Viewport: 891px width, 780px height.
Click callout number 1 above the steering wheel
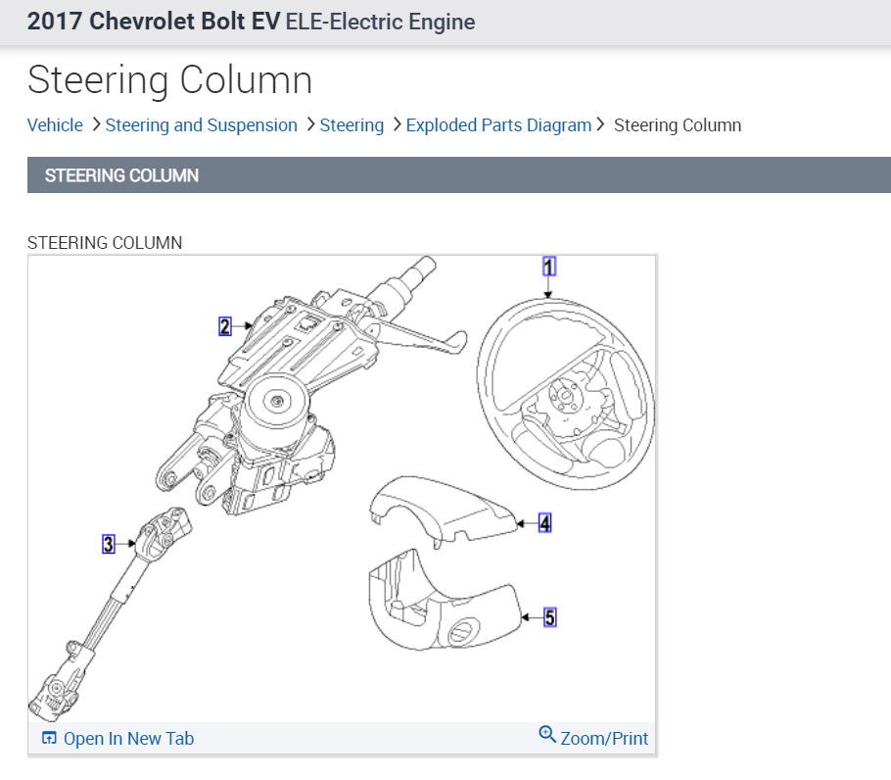pyautogui.click(x=549, y=266)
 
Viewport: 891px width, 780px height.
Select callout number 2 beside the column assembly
pyautogui.click(x=225, y=326)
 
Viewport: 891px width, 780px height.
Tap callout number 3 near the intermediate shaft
pyautogui.click(x=109, y=543)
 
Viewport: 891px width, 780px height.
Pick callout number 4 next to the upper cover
pyautogui.click(x=545, y=523)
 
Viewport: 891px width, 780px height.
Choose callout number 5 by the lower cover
pyautogui.click(x=549, y=617)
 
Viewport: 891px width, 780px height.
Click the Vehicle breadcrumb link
pyautogui.click(x=55, y=125)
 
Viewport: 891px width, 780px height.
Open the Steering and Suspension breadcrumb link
pyautogui.click(x=201, y=125)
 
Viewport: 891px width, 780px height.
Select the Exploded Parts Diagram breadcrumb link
pyautogui.click(x=498, y=125)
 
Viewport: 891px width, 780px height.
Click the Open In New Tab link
pyautogui.click(x=128, y=739)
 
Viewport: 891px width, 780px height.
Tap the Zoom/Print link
pyautogui.click(x=604, y=739)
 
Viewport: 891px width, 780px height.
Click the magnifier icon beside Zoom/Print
pyautogui.click(x=547, y=735)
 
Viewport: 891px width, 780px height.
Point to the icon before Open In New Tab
pyautogui.click(x=49, y=739)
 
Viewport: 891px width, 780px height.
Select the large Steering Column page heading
pyautogui.click(x=169, y=80)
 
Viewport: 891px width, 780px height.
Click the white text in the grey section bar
pyautogui.click(x=121, y=176)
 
